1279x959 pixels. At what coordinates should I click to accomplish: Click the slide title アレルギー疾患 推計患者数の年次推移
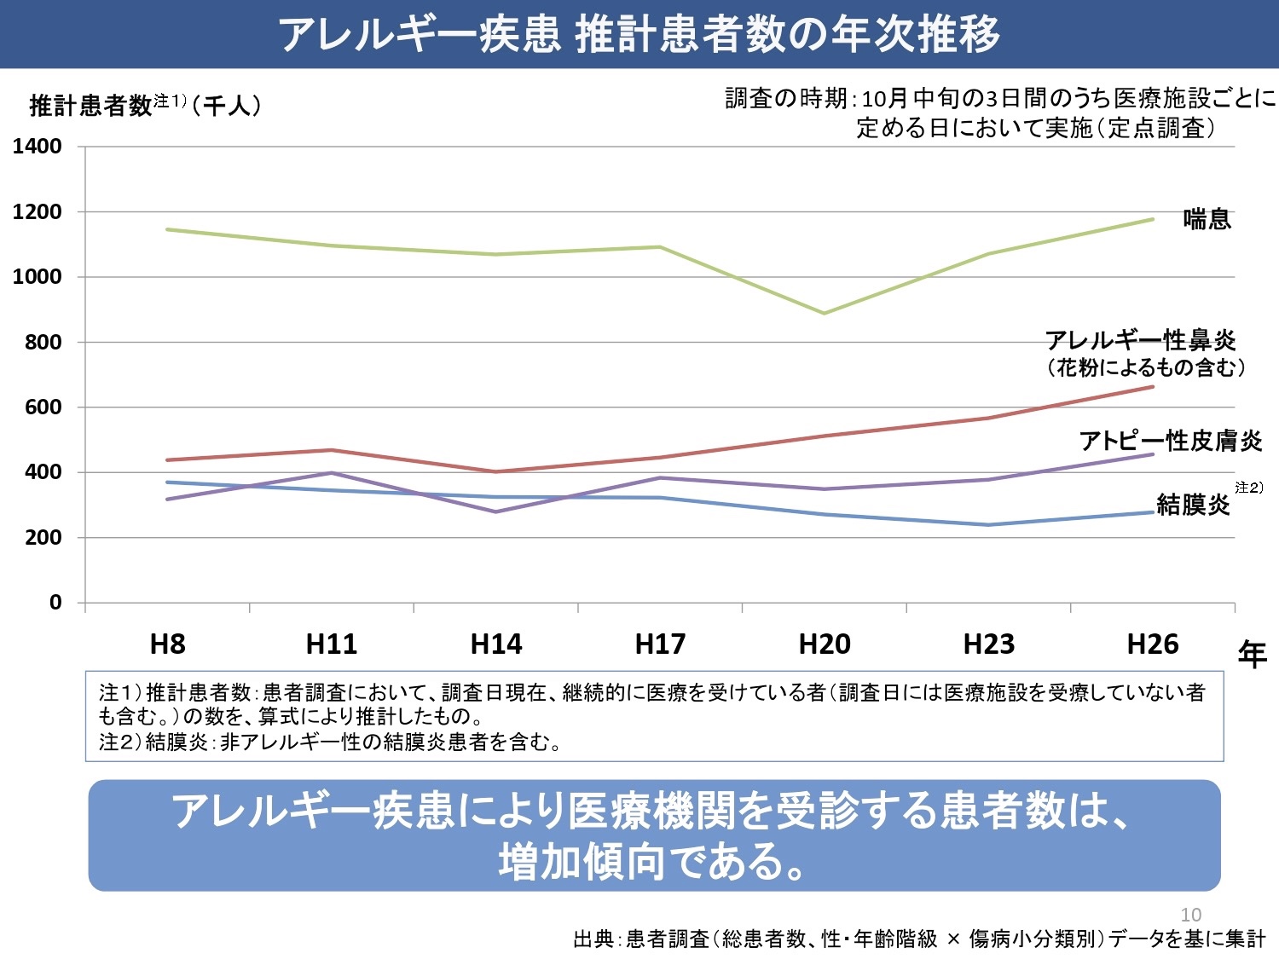click(x=639, y=35)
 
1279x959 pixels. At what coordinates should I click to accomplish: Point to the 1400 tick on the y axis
click(x=38, y=147)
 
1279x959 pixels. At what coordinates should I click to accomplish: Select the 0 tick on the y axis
click(x=55, y=603)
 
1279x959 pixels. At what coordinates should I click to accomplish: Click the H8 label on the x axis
click(x=167, y=644)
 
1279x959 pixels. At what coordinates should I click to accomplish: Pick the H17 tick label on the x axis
click(x=660, y=644)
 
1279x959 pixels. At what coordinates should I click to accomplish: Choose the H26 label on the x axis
click(x=1153, y=644)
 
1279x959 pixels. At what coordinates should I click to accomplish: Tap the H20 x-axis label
click(x=825, y=644)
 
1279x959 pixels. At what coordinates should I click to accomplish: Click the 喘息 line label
click(x=1207, y=220)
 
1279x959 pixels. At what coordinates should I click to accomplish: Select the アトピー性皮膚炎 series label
click(x=1170, y=441)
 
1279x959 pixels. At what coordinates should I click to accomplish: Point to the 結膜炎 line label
click(x=1193, y=505)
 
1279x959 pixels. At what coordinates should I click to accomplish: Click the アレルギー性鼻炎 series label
click(x=1140, y=341)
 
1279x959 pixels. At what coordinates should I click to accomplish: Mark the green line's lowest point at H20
click(x=825, y=313)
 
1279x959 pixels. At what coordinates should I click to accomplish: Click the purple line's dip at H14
click(x=496, y=511)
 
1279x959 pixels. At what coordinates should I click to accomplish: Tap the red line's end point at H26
click(x=1153, y=387)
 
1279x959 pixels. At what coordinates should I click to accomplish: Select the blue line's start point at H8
click(x=168, y=482)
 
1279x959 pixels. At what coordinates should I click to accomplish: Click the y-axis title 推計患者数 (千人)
click(x=145, y=106)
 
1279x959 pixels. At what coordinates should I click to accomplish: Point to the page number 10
click(x=1190, y=915)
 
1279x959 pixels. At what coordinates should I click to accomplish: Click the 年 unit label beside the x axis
click(x=1252, y=655)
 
